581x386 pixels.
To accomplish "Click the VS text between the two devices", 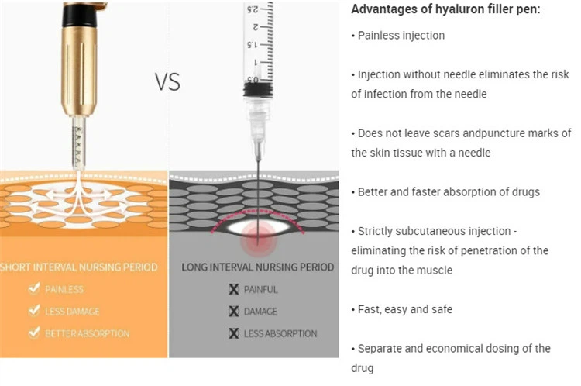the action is pyautogui.click(x=167, y=82).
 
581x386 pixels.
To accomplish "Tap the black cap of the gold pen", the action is pyautogui.click(x=79, y=16).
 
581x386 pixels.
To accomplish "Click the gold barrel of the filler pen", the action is pyautogui.click(x=79, y=71).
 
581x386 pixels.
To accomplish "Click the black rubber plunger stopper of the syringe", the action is pyautogui.click(x=258, y=90).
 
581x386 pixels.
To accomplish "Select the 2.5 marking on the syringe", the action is pyautogui.click(x=253, y=9).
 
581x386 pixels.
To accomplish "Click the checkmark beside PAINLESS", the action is pyautogui.click(x=34, y=288).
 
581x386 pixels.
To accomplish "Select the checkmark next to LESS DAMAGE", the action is pyautogui.click(x=34, y=310).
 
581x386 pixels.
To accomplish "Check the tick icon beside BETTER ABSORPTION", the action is pyautogui.click(x=34, y=333).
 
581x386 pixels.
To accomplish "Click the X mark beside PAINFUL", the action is pyautogui.click(x=234, y=289).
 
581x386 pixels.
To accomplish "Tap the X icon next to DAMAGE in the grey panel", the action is pyautogui.click(x=234, y=312).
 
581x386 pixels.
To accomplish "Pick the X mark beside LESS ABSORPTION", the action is pyautogui.click(x=234, y=333).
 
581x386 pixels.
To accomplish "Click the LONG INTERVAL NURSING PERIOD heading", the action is pyautogui.click(x=257, y=267).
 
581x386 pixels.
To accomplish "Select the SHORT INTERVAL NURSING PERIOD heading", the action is pyautogui.click(x=79, y=267).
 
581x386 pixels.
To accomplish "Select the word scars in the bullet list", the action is pyautogui.click(x=444, y=133).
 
